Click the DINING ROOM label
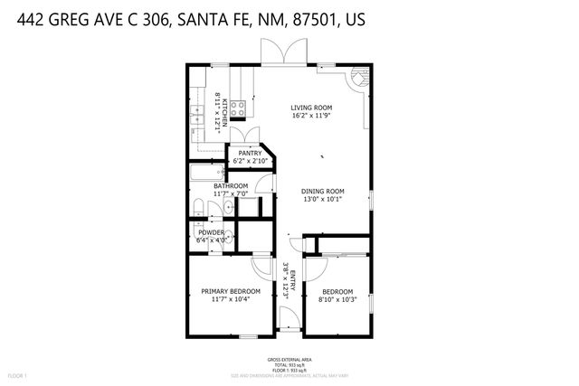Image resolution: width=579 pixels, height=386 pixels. tap(323, 191)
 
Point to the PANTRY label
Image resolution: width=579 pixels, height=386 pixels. tap(250, 154)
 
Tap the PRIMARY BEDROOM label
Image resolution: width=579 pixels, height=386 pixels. tap(230, 290)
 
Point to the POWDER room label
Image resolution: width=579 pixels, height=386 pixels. tap(211, 232)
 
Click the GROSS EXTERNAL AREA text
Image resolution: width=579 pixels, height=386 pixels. tap(289, 359)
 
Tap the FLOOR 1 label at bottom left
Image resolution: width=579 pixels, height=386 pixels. tap(18, 374)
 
